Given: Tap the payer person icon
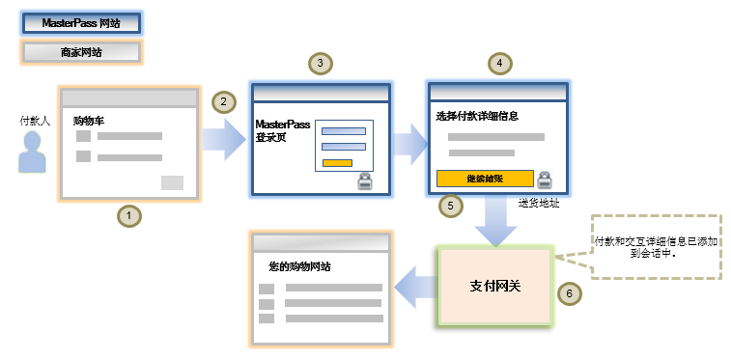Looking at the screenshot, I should click(34, 152).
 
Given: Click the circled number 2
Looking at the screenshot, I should click(223, 100).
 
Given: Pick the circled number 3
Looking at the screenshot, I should click(320, 64).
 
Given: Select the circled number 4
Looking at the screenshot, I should click(497, 64).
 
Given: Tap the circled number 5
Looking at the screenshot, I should click(449, 206).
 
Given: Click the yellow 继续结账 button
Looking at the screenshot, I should click(485, 179).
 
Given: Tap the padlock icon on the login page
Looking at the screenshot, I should click(366, 180).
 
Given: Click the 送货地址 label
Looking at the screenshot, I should click(539, 204).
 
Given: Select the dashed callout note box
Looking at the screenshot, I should click(656, 247).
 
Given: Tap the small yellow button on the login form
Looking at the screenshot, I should click(337, 162).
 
